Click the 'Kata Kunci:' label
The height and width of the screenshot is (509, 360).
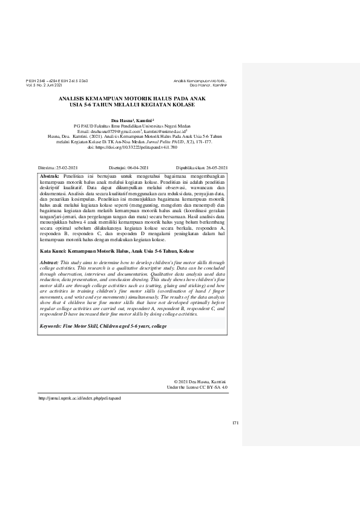click(x=53, y=249)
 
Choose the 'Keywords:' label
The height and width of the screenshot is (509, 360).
click(x=53, y=326)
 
